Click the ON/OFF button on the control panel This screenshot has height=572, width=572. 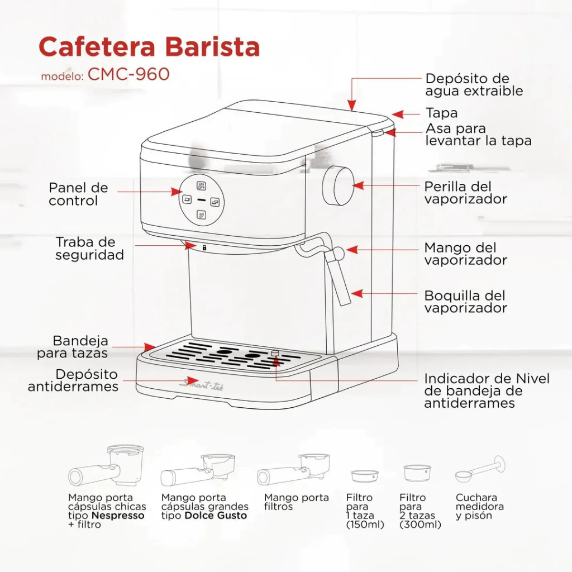point(201,185)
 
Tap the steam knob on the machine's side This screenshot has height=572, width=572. point(338,185)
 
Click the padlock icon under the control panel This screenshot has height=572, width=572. point(204,247)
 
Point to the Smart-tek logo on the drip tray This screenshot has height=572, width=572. point(202,384)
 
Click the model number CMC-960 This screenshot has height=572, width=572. point(128,74)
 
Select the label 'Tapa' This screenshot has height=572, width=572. point(441,113)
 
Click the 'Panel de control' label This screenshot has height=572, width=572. point(78,194)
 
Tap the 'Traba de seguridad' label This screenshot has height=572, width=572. point(90,249)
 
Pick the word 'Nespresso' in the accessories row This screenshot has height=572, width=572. point(118,516)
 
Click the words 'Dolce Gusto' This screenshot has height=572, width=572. point(216,516)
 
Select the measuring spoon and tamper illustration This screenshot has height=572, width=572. point(480,469)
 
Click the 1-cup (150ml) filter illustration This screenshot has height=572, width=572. point(365,476)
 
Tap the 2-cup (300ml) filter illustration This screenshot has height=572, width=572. point(417,473)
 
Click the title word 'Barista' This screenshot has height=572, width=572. point(212,47)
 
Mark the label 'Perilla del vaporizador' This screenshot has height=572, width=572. point(465,193)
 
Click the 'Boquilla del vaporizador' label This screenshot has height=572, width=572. point(465,302)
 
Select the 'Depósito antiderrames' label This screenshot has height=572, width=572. point(73,380)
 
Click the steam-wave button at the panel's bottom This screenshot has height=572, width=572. point(201,214)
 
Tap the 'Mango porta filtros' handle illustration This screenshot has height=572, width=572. point(293,470)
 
